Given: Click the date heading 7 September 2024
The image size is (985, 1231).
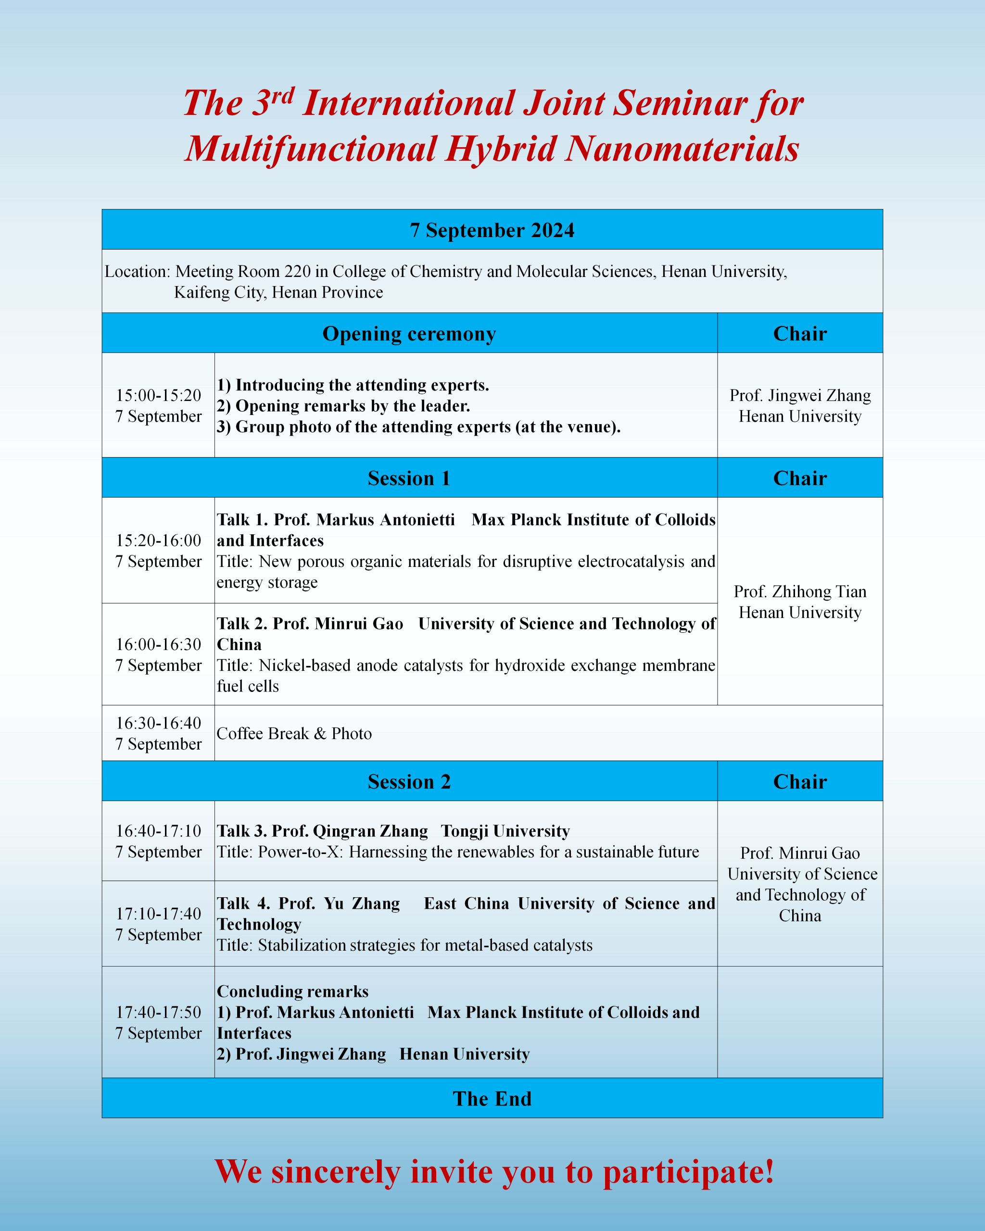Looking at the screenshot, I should (x=492, y=230).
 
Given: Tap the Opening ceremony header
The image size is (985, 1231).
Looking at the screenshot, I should (x=409, y=333).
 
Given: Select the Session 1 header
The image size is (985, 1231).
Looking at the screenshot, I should (x=409, y=478).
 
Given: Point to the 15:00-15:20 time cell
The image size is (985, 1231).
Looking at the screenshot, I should (x=158, y=395).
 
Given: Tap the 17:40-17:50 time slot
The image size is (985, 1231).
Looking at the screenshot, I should (x=158, y=1012).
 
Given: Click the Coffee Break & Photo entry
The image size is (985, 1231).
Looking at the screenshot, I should (x=294, y=733).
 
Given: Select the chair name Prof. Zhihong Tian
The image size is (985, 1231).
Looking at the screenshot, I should (x=799, y=591).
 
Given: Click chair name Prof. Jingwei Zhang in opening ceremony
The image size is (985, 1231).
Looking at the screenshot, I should (x=799, y=395).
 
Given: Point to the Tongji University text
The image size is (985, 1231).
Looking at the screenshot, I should (x=505, y=831).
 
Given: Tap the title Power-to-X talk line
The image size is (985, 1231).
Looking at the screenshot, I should (x=457, y=852).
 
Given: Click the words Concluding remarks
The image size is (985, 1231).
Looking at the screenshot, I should (x=292, y=991).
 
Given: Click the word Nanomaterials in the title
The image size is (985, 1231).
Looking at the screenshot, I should (x=682, y=149).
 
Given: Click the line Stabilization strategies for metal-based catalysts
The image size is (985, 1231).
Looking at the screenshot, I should (x=404, y=945).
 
